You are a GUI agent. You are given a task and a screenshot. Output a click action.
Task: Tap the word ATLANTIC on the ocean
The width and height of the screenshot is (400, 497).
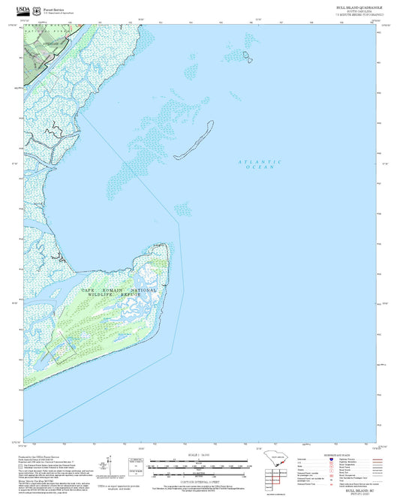point(260,162)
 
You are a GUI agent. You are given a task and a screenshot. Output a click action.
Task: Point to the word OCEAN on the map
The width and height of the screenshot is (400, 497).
point(260,167)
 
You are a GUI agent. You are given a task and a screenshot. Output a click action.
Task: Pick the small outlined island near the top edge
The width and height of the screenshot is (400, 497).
point(247,55)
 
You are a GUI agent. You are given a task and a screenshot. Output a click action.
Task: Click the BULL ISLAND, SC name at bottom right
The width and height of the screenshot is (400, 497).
point(356,488)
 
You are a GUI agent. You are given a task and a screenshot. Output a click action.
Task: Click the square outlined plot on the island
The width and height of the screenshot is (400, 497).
point(63,347)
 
